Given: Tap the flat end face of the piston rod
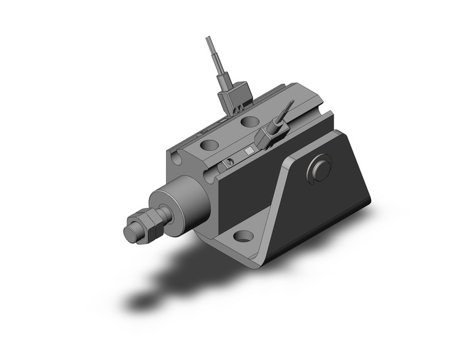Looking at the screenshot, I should pos(130,233).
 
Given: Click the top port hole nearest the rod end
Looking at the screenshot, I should pos(208,147).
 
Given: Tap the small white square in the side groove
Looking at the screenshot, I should pos(248,151).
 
